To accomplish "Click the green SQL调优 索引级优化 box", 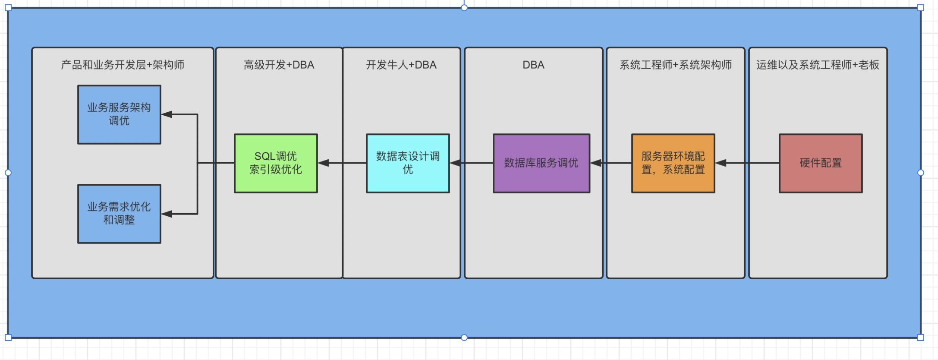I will [x=276, y=163].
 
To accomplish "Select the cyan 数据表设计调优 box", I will [x=408, y=163].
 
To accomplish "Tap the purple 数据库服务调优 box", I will [x=541, y=163].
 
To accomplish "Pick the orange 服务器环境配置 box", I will [x=673, y=163].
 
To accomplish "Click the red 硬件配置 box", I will [x=821, y=163].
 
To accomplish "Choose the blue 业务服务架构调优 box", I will [x=119, y=114].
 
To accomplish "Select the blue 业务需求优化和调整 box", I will [x=119, y=214].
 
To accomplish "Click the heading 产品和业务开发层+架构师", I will [x=123, y=65].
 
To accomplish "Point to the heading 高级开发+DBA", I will [x=279, y=65].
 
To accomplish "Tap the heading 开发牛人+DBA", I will [x=401, y=65].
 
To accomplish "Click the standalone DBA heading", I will [x=533, y=65].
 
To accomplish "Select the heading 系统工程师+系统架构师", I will [x=676, y=65].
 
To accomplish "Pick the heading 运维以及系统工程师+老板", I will [x=818, y=65].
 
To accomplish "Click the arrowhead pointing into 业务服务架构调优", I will [x=167, y=114].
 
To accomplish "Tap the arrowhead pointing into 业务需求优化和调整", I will [x=167, y=214].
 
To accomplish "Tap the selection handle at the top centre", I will [x=464, y=7].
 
